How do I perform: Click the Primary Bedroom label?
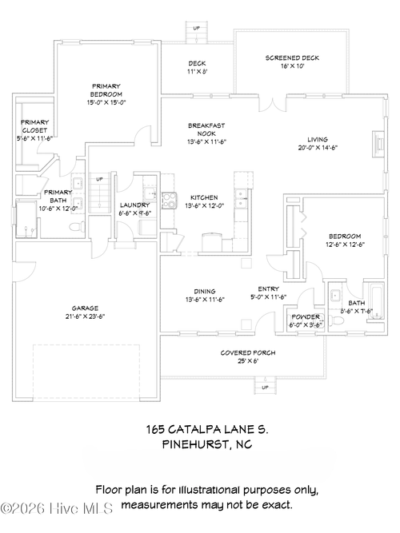point(106,94)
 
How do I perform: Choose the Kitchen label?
point(204,201)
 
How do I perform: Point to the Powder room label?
point(305,320)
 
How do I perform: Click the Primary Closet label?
point(34,129)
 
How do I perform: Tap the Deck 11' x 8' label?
point(197,67)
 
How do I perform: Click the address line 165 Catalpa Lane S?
point(207,429)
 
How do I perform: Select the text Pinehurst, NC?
point(207,444)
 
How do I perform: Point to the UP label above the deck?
point(197,29)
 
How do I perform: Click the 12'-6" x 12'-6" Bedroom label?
point(346,241)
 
